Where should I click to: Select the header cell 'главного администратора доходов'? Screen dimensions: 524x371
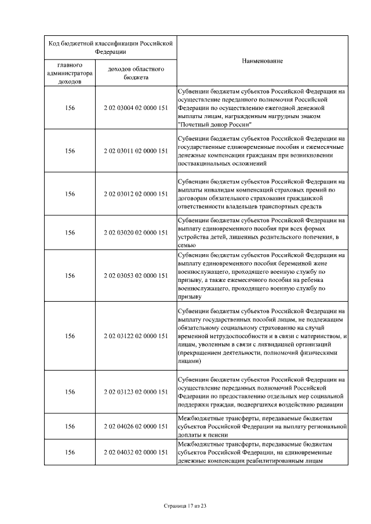pos(70,73)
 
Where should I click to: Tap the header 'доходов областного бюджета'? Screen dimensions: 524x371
pos(136,73)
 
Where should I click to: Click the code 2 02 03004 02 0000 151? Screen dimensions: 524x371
pos(136,108)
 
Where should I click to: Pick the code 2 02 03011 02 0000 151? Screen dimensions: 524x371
pos(136,151)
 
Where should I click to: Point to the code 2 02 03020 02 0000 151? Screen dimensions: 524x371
pos(136,233)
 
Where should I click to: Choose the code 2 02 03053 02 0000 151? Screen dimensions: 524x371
pos(136,276)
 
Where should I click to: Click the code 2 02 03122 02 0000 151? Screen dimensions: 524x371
pos(136,336)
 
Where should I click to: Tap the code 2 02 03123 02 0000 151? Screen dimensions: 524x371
pos(136,392)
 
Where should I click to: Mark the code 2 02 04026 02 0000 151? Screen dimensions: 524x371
pos(136,426)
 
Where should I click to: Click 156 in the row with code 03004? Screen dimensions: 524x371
pos(70,108)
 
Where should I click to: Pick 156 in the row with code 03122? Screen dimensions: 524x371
pos(70,336)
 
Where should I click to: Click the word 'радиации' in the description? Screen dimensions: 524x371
pos(330,405)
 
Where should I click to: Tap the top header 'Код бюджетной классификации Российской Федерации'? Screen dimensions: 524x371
pos(111,46)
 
